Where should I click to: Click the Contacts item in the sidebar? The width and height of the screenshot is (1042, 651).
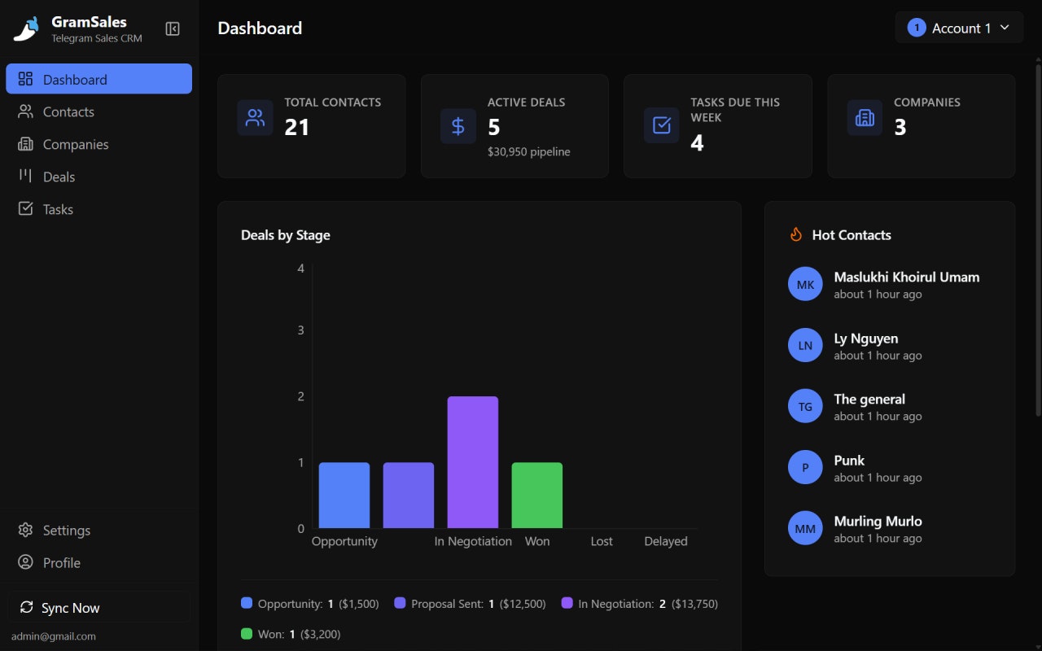[68, 112]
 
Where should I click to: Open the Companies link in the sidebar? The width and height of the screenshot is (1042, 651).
[75, 145]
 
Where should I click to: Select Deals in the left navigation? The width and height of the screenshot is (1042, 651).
[59, 177]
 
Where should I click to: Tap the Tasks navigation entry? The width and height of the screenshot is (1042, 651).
[58, 210]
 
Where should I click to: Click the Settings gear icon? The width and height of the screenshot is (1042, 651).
[26, 531]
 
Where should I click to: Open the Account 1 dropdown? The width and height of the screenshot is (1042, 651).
[959, 28]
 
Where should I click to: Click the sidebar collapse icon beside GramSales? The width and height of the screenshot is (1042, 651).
[173, 29]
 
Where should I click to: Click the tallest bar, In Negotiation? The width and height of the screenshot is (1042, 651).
[472, 461]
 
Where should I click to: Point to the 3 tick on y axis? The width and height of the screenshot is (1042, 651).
[301, 330]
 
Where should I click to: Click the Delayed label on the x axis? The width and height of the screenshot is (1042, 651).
[665, 541]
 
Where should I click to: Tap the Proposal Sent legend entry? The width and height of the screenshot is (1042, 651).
[447, 604]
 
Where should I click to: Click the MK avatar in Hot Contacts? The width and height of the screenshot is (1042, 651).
[805, 285]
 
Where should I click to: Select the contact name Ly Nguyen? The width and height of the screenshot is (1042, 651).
[865, 339]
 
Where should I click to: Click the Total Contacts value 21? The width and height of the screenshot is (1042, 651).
[296, 127]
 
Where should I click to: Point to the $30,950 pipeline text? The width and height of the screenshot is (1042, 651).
[528, 151]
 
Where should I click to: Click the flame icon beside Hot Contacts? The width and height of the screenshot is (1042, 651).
[795, 235]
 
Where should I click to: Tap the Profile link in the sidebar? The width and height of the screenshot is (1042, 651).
[61, 563]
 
